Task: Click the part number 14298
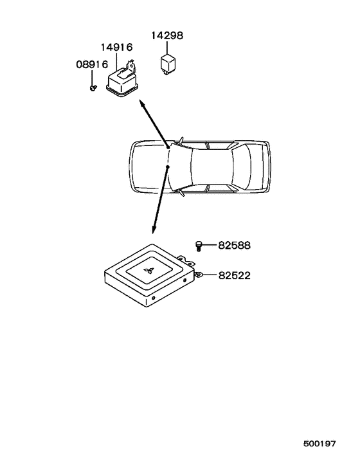coord(167,35)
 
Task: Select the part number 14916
coord(116,47)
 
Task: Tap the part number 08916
coord(92,64)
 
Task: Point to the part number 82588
coord(234,246)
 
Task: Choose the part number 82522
coord(235,275)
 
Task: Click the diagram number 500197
coord(319,444)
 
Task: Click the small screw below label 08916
coord(93,87)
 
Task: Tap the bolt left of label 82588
coord(199,246)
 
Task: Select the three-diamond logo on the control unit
coord(148,271)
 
